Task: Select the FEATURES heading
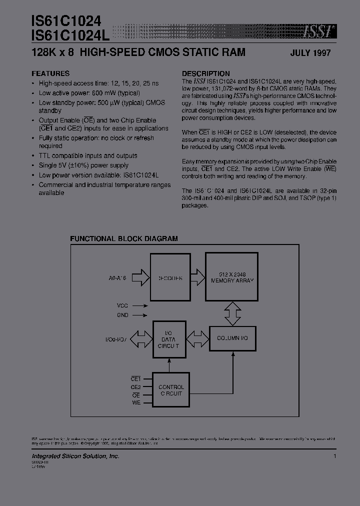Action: tap(50, 73)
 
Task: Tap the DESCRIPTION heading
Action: tap(205, 73)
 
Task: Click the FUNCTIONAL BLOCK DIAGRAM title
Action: tap(123, 238)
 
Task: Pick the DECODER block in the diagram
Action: tap(170, 277)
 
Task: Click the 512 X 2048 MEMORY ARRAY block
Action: tap(232, 276)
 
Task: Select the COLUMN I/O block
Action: tap(232, 338)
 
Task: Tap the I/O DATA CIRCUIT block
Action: tap(170, 339)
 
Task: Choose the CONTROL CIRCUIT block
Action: tap(170, 390)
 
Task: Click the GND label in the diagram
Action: tap(123, 315)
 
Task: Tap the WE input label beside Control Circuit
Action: tap(136, 402)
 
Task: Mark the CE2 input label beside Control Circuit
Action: tap(136, 386)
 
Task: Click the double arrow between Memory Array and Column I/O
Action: tap(232, 313)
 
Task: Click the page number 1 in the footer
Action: tap(334, 456)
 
